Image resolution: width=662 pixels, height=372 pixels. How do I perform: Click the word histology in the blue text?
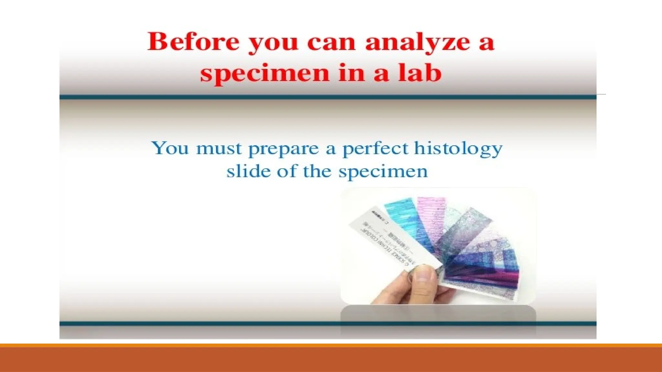[458, 150]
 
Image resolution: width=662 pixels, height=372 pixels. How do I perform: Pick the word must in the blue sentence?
[219, 149]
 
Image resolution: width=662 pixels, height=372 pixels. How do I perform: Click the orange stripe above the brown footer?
[331, 345]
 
